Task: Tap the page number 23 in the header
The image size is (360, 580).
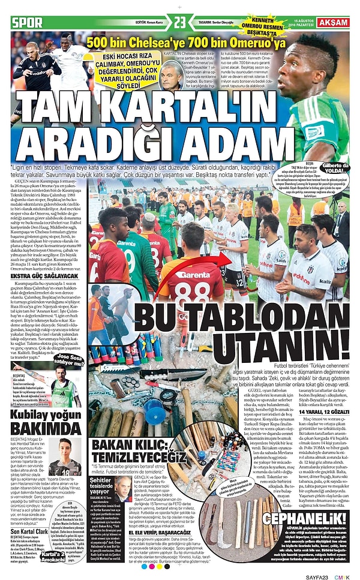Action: (x=181, y=22)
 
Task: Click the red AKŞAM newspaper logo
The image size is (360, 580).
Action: (x=334, y=22)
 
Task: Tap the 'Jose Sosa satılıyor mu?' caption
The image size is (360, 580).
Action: (x=68, y=359)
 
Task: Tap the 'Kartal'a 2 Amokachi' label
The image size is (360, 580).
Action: (x=55, y=555)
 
